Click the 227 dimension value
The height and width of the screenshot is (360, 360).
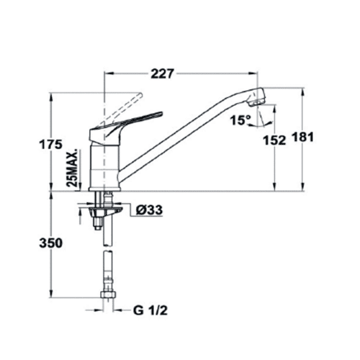(x=162, y=73)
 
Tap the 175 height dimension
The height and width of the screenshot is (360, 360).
(x=51, y=145)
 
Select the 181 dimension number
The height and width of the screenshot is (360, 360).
(x=303, y=138)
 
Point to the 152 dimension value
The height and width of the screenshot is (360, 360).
(x=275, y=140)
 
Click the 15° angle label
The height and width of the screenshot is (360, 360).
(x=240, y=120)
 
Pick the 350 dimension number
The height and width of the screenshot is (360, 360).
(x=51, y=243)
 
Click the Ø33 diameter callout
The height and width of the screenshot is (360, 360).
(x=149, y=210)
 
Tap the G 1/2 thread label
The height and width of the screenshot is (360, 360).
(x=150, y=311)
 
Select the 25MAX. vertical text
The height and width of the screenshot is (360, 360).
(x=73, y=168)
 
